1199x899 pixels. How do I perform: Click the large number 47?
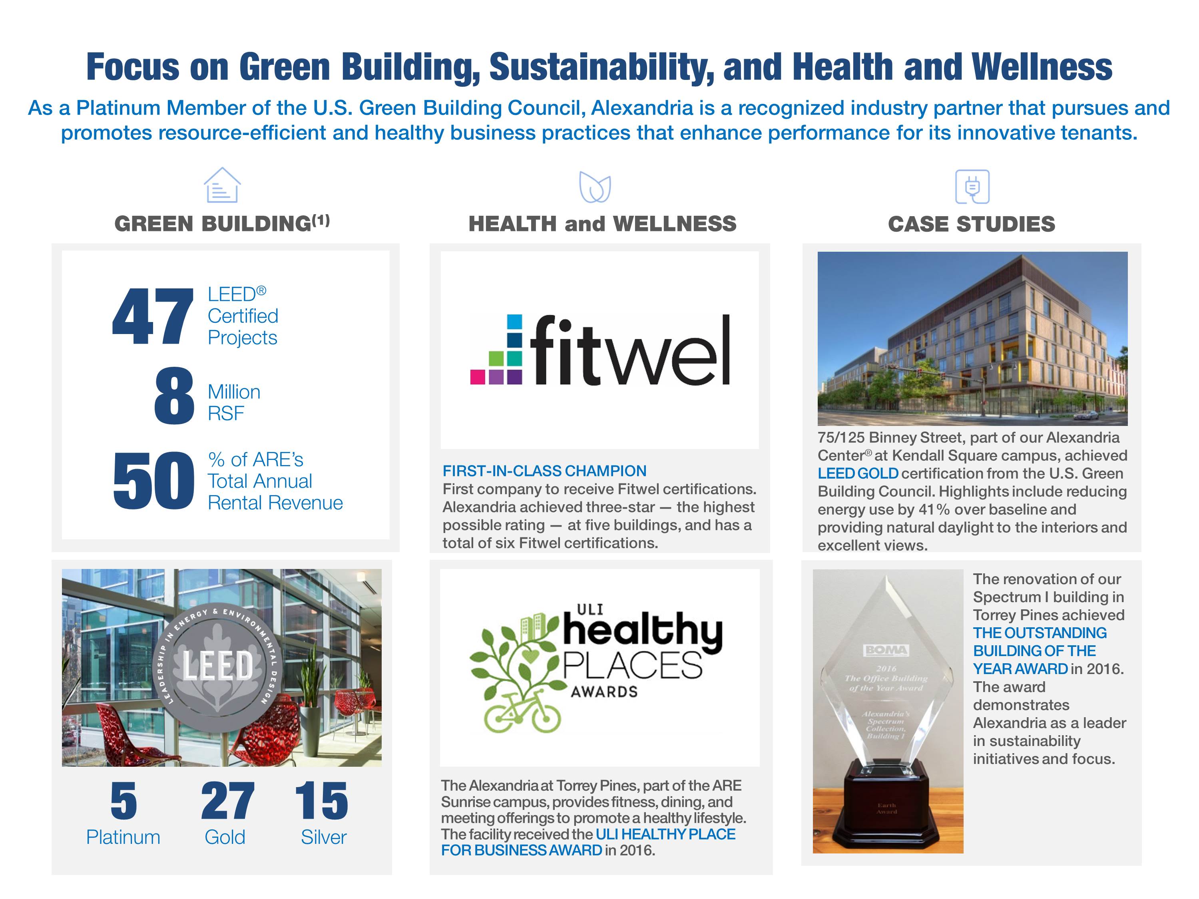[x=152, y=316]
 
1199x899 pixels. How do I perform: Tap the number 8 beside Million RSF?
[x=174, y=396]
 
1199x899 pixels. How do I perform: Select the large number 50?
[x=153, y=481]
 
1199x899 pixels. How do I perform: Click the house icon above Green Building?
[x=222, y=185]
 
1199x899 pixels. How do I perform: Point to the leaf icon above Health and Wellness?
[x=595, y=187]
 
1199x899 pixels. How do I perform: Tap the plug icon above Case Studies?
[x=972, y=187]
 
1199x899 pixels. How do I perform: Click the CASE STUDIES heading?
[x=971, y=224]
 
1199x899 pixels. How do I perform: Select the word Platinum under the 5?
[x=123, y=837]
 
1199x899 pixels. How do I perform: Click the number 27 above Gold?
[x=227, y=802]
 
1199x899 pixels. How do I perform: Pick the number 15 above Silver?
[x=321, y=802]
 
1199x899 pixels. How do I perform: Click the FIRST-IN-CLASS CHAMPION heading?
[x=544, y=471]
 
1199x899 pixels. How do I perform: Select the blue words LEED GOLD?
[x=858, y=473]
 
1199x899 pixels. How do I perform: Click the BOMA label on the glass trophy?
[x=886, y=650]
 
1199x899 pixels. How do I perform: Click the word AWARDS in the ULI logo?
[x=604, y=692]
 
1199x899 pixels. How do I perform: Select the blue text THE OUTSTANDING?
[x=1040, y=633]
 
